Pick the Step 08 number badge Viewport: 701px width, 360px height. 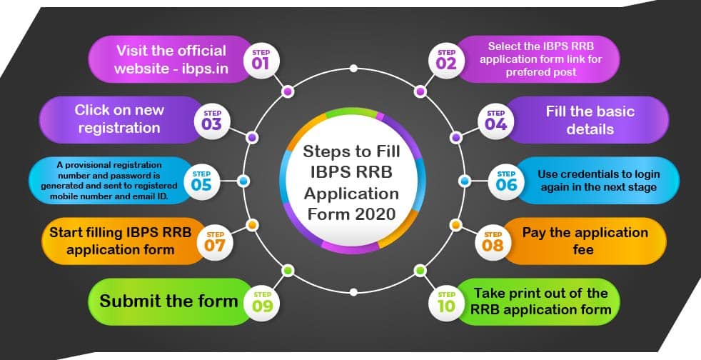[493, 241]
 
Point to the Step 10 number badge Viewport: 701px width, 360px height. [447, 302]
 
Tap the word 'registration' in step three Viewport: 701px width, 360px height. [119, 128]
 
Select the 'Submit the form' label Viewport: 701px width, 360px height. [168, 301]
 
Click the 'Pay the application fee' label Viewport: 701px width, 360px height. [585, 241]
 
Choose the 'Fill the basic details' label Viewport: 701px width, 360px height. [590, 120]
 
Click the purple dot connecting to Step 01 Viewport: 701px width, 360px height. [288, 91]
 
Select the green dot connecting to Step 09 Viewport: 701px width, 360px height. [288, 270]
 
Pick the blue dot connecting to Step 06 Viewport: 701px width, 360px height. [463, 181]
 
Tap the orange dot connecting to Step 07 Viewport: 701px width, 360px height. [251, 225]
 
